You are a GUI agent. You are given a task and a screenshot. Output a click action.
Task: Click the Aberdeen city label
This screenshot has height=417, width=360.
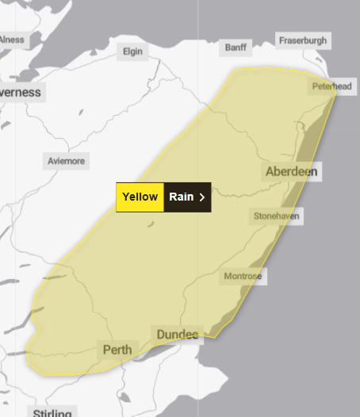tap(292, 172)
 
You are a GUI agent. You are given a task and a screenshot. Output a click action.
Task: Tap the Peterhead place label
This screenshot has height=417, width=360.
tap(331, 86)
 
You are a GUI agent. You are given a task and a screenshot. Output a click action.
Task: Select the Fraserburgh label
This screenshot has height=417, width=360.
tap(303, 40)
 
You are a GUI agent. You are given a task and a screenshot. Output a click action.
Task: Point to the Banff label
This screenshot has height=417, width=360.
tap(236, 48)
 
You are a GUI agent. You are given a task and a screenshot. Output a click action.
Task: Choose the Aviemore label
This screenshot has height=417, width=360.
tap(66, 160)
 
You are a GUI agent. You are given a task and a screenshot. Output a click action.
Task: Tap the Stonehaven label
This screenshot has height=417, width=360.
tap(277, 216)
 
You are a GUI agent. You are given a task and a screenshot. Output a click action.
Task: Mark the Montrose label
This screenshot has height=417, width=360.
tap(243, 276)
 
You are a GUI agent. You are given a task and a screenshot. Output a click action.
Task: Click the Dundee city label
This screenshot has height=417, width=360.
tap(178, 335)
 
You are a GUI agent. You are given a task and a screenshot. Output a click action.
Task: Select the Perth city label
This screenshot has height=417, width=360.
tap(116, 349)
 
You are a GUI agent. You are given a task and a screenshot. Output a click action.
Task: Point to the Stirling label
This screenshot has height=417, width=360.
tap(52, 412)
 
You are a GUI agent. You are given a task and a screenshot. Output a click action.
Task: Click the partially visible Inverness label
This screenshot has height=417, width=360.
tap(20, 92)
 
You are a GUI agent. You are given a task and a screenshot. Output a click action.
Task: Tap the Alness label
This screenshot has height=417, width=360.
tap(11, 39)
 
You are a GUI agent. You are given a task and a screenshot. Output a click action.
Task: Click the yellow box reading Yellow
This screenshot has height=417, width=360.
tap(140, 197)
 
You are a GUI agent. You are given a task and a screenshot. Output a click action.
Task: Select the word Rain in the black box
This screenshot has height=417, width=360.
tap(182, 197)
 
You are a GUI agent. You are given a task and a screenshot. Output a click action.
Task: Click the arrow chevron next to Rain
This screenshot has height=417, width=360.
tap(202, 197)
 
